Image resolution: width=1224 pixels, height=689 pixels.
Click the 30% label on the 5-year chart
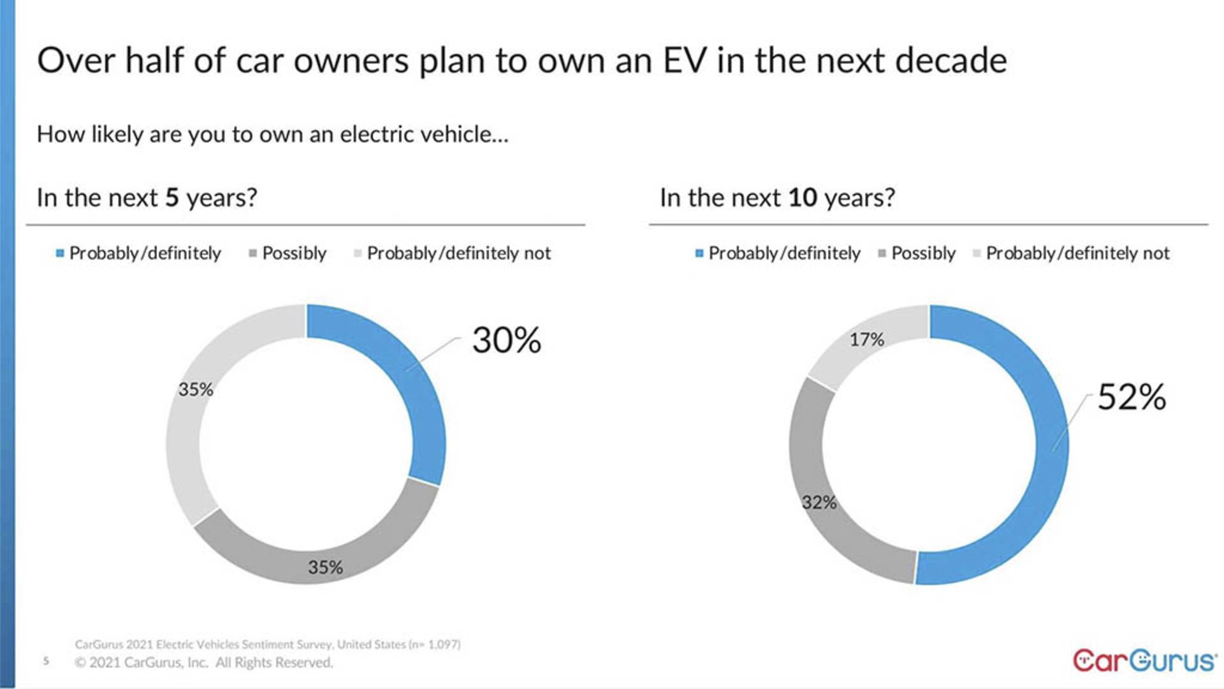(506, 340)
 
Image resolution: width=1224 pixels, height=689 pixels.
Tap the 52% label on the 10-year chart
(1132, 397)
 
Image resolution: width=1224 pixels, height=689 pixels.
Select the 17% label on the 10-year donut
(866, 339)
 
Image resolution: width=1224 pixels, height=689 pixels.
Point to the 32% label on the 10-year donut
(819, 503)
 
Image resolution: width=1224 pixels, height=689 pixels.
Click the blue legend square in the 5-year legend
(60, 253)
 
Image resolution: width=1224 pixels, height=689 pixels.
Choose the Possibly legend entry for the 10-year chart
(923, 253)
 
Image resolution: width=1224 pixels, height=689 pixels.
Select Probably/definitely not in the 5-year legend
(458, 253)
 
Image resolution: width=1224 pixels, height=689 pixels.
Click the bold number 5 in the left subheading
(171, 198)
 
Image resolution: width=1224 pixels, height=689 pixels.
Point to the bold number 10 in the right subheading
(802, 198)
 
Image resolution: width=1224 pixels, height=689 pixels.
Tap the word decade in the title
(951, 61)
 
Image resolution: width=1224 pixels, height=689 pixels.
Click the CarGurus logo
(1144, 661)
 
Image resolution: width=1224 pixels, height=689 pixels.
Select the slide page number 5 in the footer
(46, 661)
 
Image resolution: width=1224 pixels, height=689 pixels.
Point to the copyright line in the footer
(204, 663)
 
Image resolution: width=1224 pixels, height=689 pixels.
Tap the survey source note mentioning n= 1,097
(268, 644)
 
